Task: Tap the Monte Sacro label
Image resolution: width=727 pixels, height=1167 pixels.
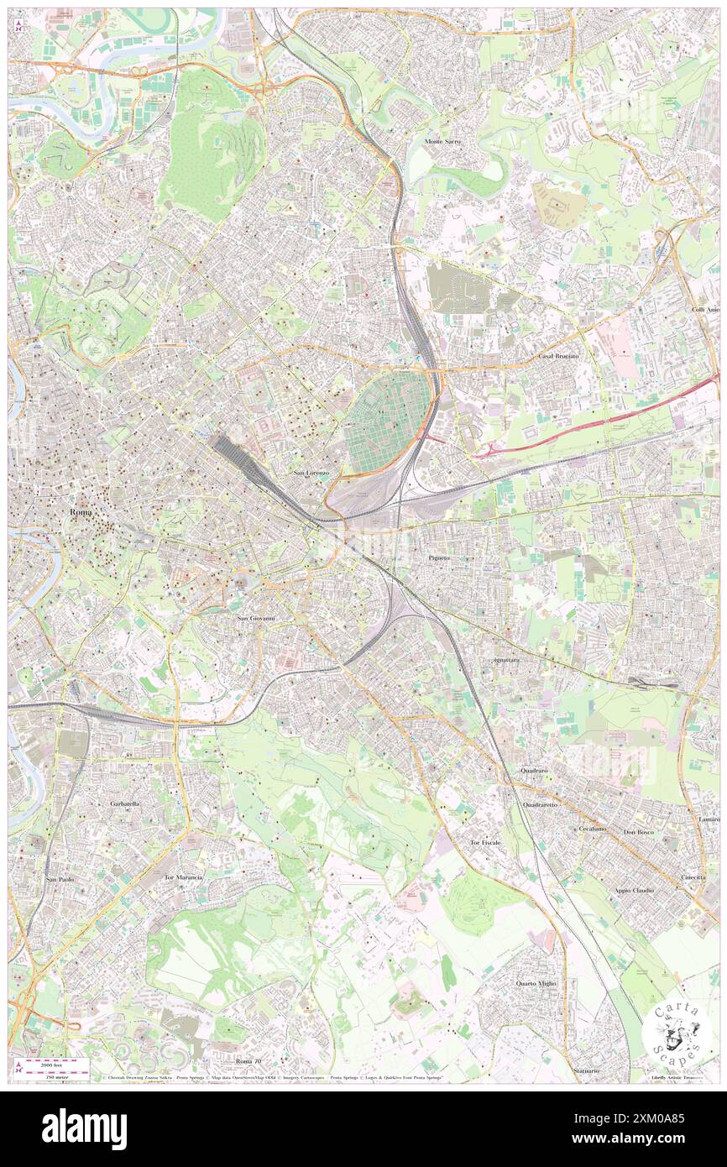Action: (x=442, y=142)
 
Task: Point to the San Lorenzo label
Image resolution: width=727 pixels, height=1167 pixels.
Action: (x=311, y=474)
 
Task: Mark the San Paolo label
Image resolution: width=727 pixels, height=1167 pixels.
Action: (x=60, y=878)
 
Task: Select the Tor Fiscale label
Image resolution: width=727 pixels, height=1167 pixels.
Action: (x=485, y=842)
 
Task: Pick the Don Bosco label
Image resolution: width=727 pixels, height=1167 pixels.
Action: (x=639, y=831)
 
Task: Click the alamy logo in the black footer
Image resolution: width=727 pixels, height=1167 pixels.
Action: (x=84, y=1129)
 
